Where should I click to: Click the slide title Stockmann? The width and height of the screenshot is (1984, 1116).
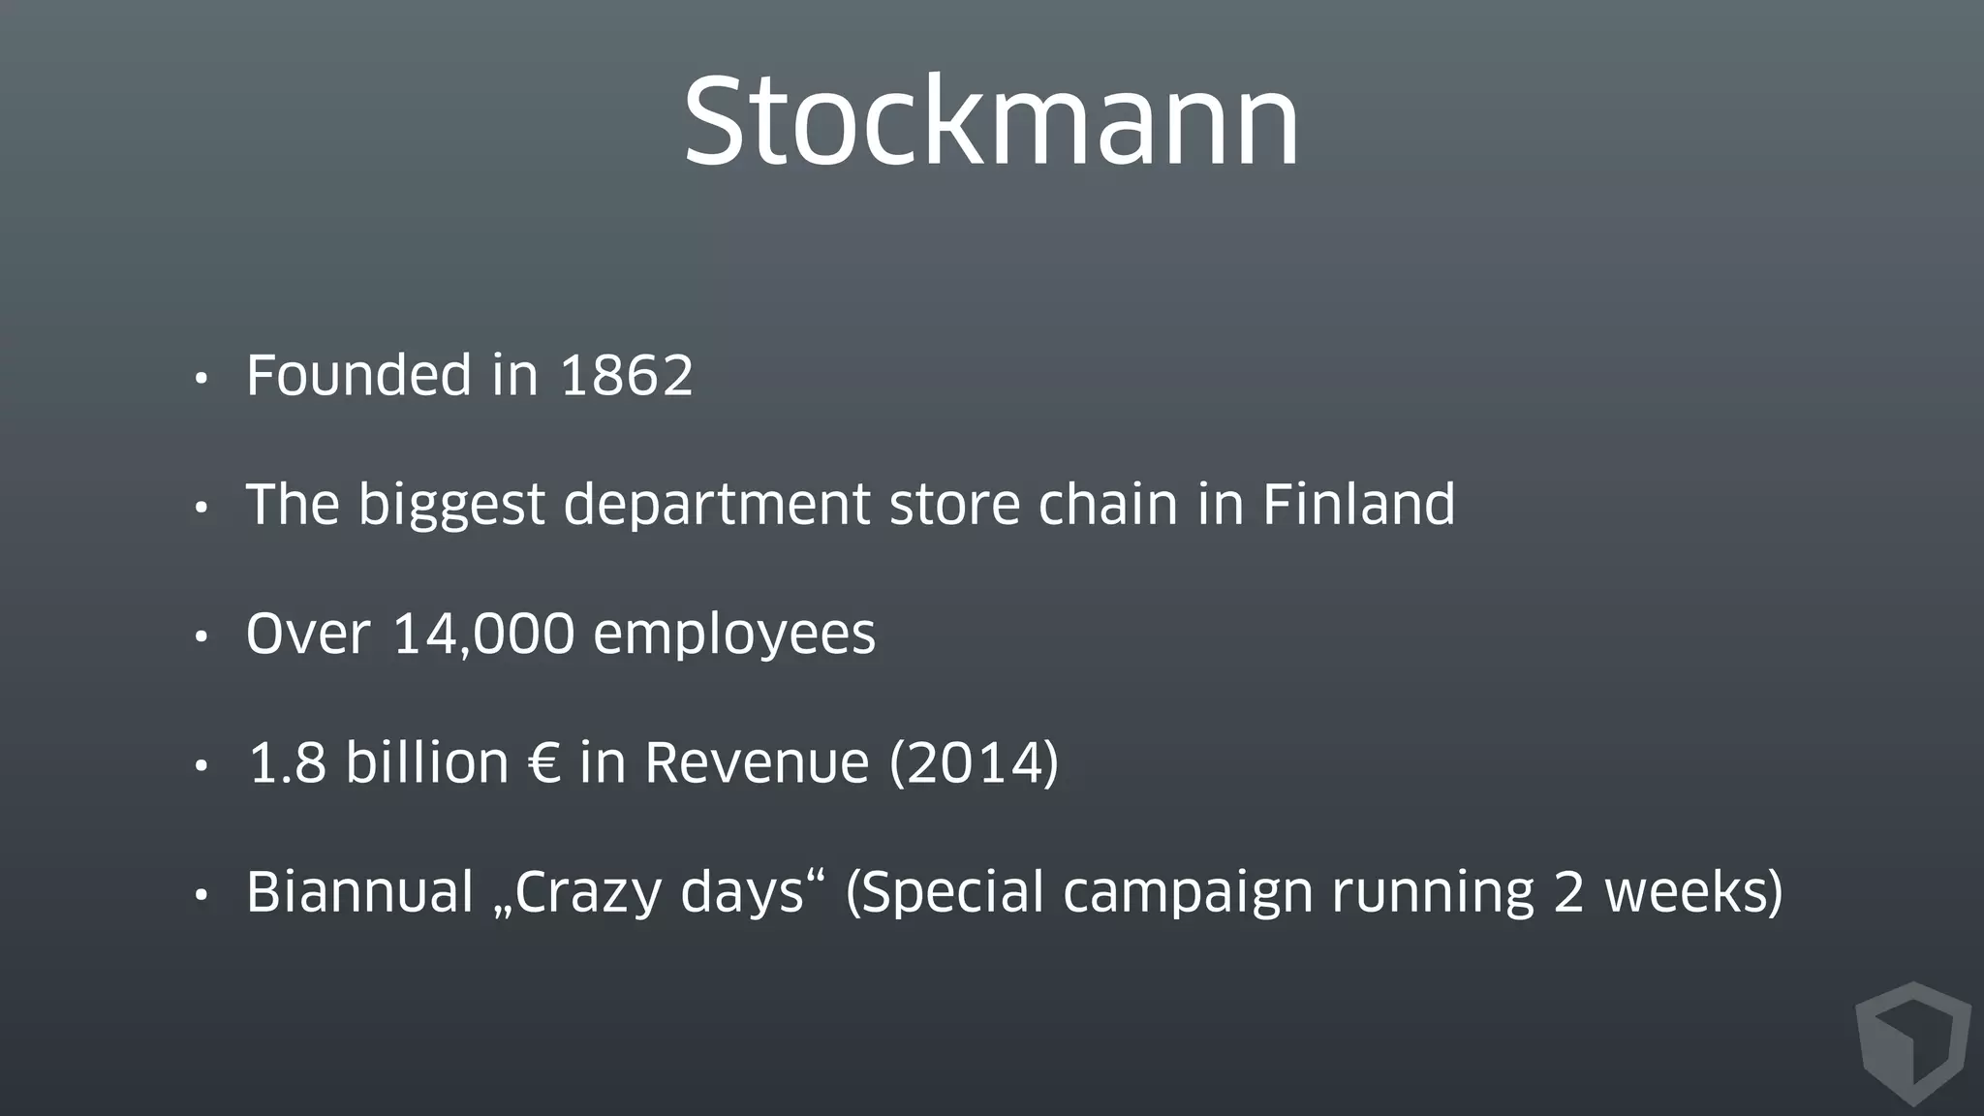tap(991, 122)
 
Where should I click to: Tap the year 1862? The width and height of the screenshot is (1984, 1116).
tap(627, 376)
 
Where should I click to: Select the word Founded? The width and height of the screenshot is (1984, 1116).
tap(359, 376)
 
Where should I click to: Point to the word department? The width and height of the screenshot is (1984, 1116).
tap(717, 506)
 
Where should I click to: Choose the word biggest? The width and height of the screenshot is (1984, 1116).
tap(451, 506)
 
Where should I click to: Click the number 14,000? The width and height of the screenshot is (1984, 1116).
tap(483, 635)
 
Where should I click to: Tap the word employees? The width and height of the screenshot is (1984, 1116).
tap(734, 635)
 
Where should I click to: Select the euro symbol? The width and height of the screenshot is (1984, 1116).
tap(544, 763)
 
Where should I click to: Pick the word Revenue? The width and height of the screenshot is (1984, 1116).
tap(757, 763)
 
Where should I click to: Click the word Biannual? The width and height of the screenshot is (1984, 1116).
tap(359, 892)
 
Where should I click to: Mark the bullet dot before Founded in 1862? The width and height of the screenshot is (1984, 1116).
tap(201, 379)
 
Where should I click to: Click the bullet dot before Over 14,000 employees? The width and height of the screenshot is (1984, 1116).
tap(201, 637)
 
